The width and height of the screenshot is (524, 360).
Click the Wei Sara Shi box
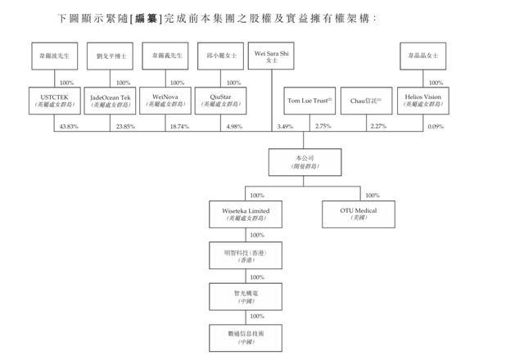point(272,59)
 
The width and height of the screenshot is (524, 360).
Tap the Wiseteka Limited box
point(239,214)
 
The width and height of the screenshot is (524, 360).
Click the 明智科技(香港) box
point(239,254)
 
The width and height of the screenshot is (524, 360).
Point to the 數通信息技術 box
point(239,335)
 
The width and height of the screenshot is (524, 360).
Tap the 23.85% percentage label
point(126,127)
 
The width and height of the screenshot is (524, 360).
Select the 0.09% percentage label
point(435,127)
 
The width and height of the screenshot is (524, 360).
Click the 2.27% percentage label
point(377,127)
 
